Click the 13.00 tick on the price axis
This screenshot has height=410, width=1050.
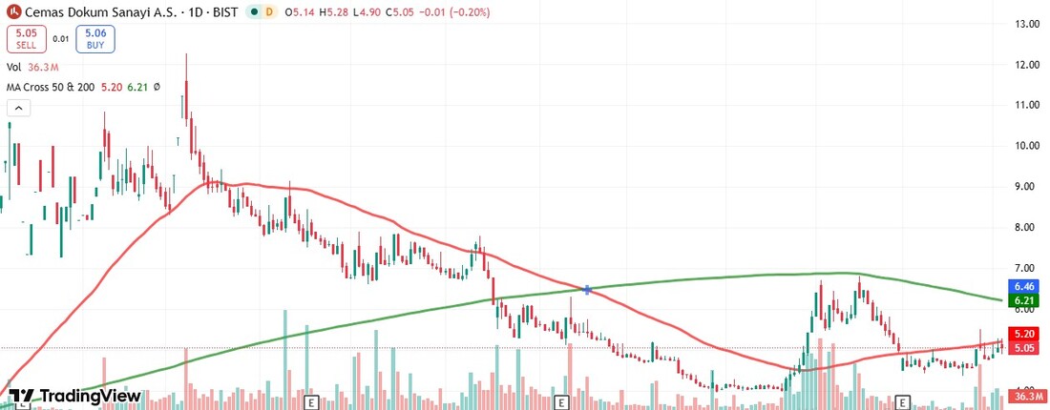coord(1027,24)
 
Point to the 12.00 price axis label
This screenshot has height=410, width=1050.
coord(1027,65)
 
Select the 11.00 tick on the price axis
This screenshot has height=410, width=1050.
coord(1027,106)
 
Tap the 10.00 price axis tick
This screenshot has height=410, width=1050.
coord(1027,146)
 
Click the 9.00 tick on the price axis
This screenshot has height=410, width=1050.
coord(1027,187)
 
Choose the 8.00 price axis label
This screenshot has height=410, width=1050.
coord(1027,228)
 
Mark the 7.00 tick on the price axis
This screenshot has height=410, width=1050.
coord(1027,268)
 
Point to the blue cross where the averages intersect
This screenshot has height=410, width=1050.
coord(587,289)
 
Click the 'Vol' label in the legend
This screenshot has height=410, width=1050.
coord(14,67)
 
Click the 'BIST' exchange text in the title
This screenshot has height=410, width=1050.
coord(220,12)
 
